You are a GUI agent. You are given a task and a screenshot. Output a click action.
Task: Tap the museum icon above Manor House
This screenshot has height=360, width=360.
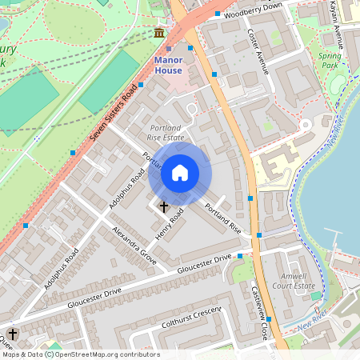(159, 33)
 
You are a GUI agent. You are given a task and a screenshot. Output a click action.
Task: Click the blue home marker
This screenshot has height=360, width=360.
(180, 173)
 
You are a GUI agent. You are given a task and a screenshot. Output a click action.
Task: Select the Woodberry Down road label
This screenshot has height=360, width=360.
(254, 10)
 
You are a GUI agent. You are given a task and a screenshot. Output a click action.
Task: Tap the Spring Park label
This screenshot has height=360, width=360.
(329, 61)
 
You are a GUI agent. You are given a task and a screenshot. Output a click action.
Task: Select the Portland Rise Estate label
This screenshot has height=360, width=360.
(166, 133)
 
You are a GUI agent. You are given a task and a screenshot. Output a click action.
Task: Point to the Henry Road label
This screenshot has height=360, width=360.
(170, 226)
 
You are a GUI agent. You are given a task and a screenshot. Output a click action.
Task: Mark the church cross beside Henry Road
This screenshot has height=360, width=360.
(164, 206)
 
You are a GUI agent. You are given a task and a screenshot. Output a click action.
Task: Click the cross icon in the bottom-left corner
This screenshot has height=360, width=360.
(13, 334)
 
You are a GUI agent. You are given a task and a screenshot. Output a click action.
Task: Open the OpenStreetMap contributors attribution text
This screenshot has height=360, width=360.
(80, 354)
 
